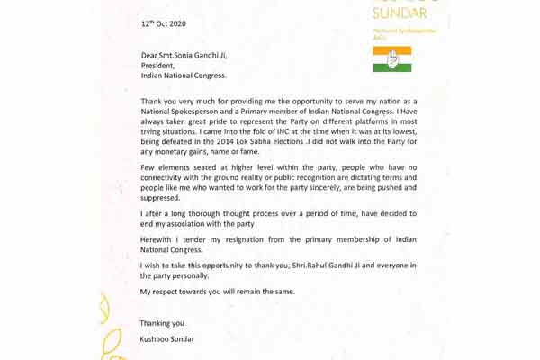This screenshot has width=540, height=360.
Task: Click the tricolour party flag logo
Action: (391, 59)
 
